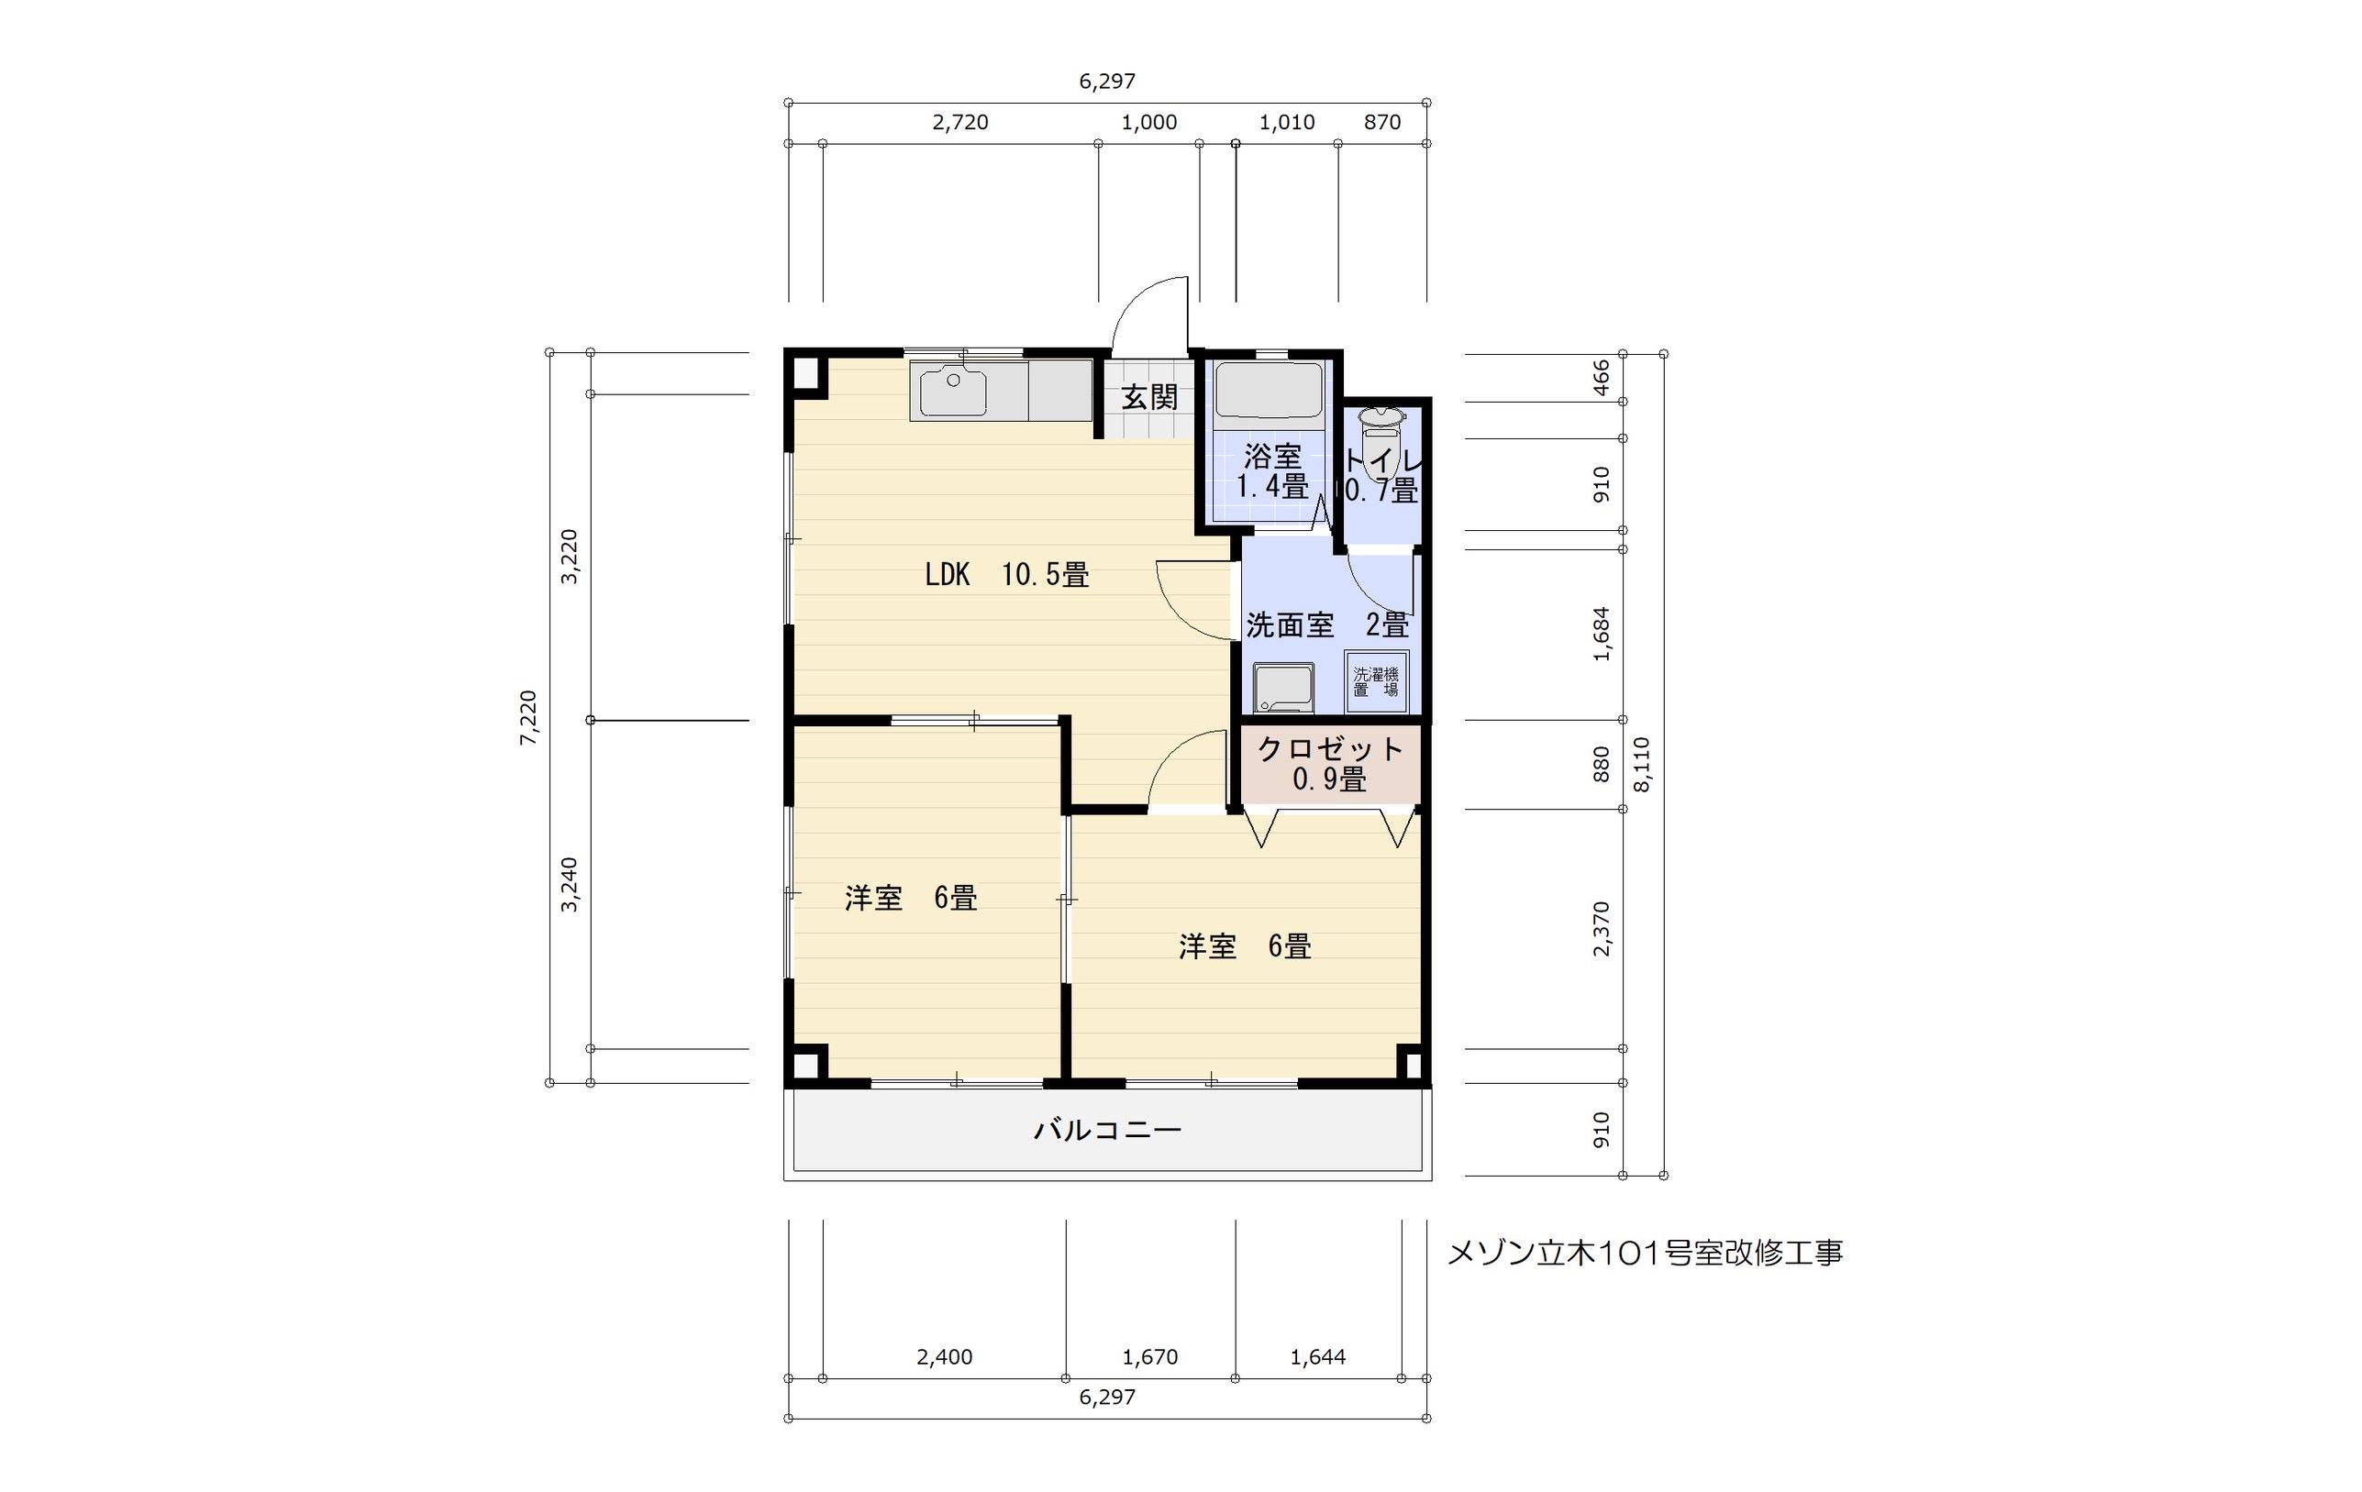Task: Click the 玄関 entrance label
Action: coord(1149,397)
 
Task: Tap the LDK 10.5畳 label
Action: coord(1006,574)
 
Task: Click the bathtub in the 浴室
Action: coord(1270,392)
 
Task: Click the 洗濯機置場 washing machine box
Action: coord(1376,681)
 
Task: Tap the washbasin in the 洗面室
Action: coord(1284,687)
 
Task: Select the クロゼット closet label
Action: coord(1330,764)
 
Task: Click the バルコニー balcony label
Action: coord(1107,1131)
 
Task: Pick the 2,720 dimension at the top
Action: coord(959,123)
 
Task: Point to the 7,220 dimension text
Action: coord(527,718)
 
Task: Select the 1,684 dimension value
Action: coord(1601,634)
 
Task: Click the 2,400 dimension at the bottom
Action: coord(945,1357)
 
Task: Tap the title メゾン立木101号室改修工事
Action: coord(1645,1253)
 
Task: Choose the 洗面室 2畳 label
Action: coord(1327,624)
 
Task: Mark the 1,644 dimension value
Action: coord(1317,1357)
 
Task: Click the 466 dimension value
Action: coord(1601,378)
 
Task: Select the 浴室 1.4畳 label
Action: coord(1272,472)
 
